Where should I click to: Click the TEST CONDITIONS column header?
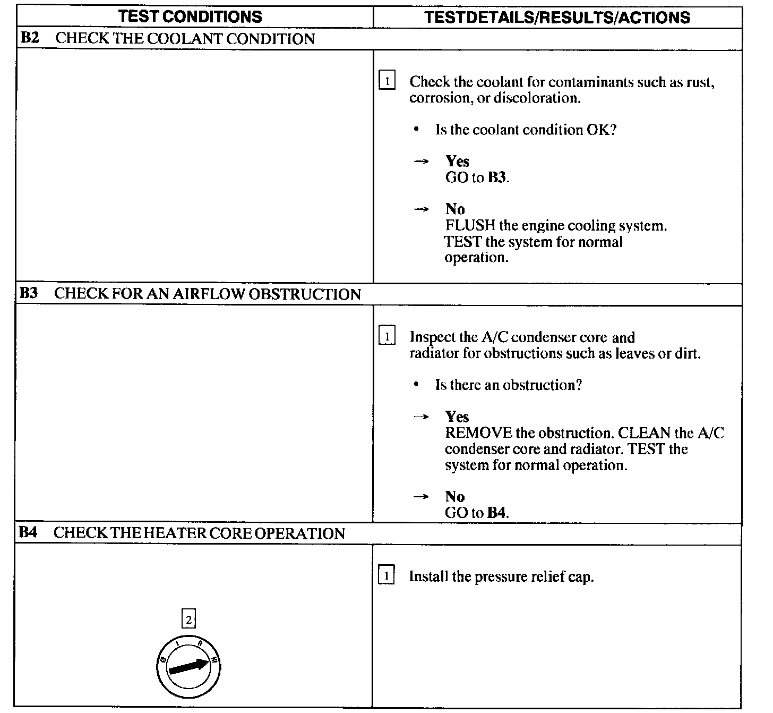click(190, 16)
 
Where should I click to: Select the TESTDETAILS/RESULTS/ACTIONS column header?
click(557, 17)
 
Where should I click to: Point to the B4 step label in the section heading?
click(28, 533)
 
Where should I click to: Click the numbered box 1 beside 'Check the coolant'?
click(387, 81)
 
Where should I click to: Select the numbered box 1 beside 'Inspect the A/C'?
click(386, 336)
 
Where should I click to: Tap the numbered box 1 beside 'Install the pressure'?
click(386, 576)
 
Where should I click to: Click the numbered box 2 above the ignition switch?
click(188, 619)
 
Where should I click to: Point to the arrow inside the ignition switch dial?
click(188, 666)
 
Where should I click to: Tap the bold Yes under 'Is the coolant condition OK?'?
click(457, 161)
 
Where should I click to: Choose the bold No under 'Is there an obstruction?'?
click(455, 497)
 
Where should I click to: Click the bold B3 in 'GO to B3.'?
click(496, 177)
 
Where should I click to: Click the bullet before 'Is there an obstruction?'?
click(417, 384)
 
